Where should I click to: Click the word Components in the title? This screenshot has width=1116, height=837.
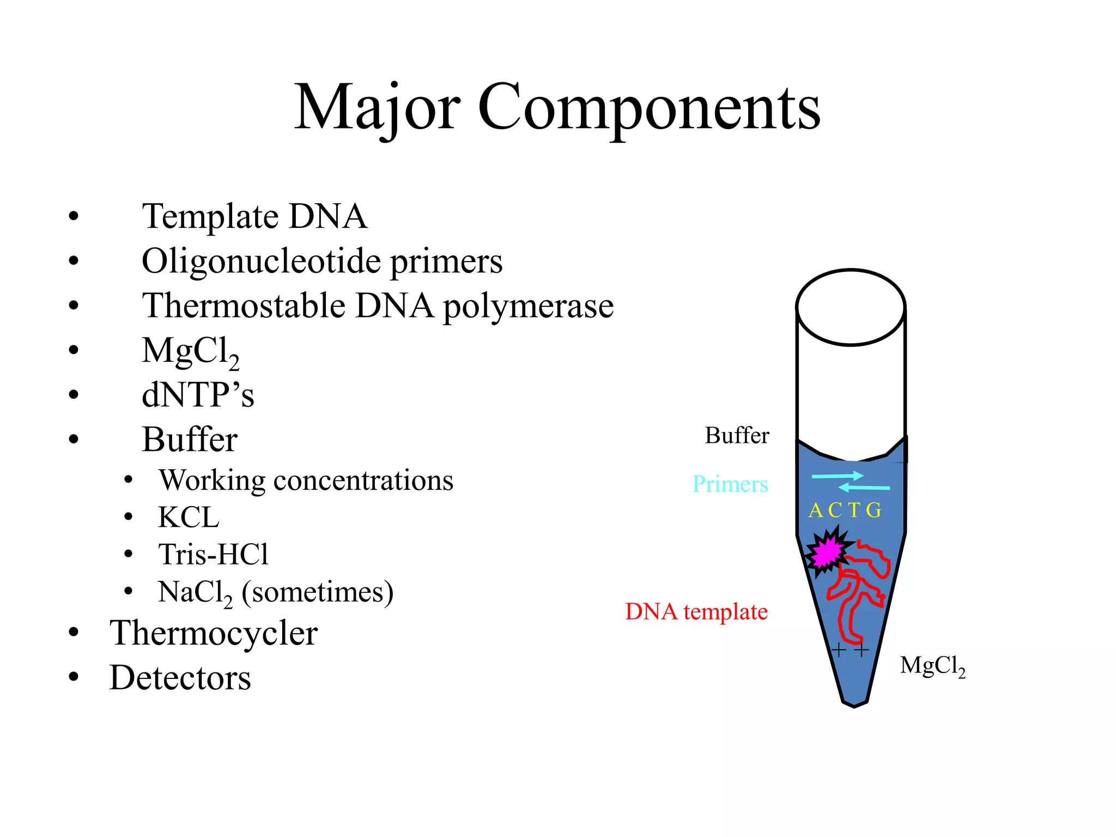click(x=648, y=108)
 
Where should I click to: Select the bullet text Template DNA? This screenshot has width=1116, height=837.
click(x=254, y=216)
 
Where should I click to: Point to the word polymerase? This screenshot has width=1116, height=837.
click(x=528, y=306)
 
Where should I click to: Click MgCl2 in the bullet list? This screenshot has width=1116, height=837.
click(x=190, y=351)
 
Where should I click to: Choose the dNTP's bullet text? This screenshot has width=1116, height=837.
click(x=198, y=395)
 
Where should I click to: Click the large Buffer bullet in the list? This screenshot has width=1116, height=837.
click(x=189, y=439)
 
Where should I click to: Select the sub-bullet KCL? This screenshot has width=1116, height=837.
click(x=189, y=517)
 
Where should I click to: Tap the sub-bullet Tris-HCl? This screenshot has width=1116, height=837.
click(x=213, y=554)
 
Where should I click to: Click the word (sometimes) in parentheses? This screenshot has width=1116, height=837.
click(x=317, y=592)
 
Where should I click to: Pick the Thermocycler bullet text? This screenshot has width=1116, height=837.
click(x=213, y=633)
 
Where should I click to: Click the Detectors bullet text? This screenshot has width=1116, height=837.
click(x=180, y=678)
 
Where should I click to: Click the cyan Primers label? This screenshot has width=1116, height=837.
click(x=730, y=484)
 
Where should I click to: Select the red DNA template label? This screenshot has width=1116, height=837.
click(x=696, y=611)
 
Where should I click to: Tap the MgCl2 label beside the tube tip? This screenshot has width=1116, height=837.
click(x=932, y=666)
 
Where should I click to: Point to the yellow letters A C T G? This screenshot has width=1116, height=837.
click(x=844, y=511)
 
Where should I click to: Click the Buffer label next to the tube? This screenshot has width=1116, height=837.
click(x=737, y=435)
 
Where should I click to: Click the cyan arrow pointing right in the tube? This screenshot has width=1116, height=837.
click(x=837, y=476)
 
